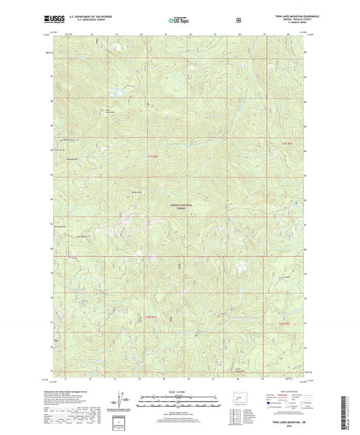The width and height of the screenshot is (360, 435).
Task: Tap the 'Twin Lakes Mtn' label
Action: [107, 112]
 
